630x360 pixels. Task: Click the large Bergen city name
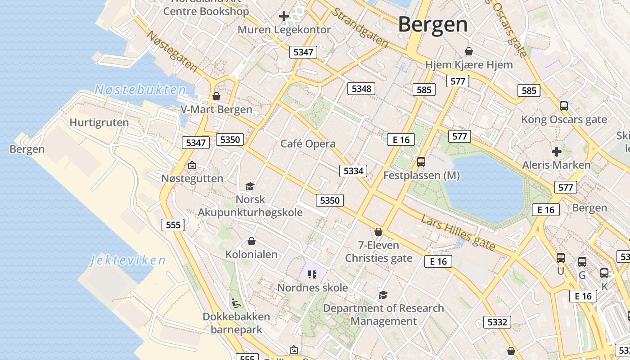click(x=433, y=24)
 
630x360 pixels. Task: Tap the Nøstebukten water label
click(x=140, y=90)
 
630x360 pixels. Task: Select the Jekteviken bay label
click(x=128, y=260)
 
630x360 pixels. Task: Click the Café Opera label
click(x=308, y=144)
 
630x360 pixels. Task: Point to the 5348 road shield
click(x=361, y=89)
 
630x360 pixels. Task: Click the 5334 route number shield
click(x=353, y=171)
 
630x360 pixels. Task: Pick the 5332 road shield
click(x=497, y=322)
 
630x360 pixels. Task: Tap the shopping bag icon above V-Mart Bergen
click(x=216, y=96)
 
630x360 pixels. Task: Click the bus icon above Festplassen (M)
click(x=421, y=162)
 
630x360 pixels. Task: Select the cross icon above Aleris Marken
click(x=557, y=152)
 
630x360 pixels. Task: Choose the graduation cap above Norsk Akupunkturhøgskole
click(x=250, y=186)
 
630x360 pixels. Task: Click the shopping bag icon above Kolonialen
click(x=252, y=242)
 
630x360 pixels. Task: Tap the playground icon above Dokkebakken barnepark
click(x=236, y=303)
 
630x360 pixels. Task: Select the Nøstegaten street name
click(x=172, y=51)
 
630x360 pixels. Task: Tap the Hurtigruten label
click(x=99, y=122)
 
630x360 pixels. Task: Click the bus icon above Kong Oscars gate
click(x=563, y=106)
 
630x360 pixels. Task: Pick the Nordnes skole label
click(x=312, y=288)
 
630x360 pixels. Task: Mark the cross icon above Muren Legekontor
click(x=283, y=17)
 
